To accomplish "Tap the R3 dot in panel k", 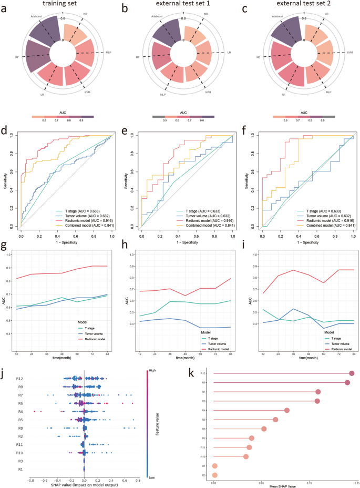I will (214, 475).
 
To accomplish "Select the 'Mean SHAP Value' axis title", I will (282, 485).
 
